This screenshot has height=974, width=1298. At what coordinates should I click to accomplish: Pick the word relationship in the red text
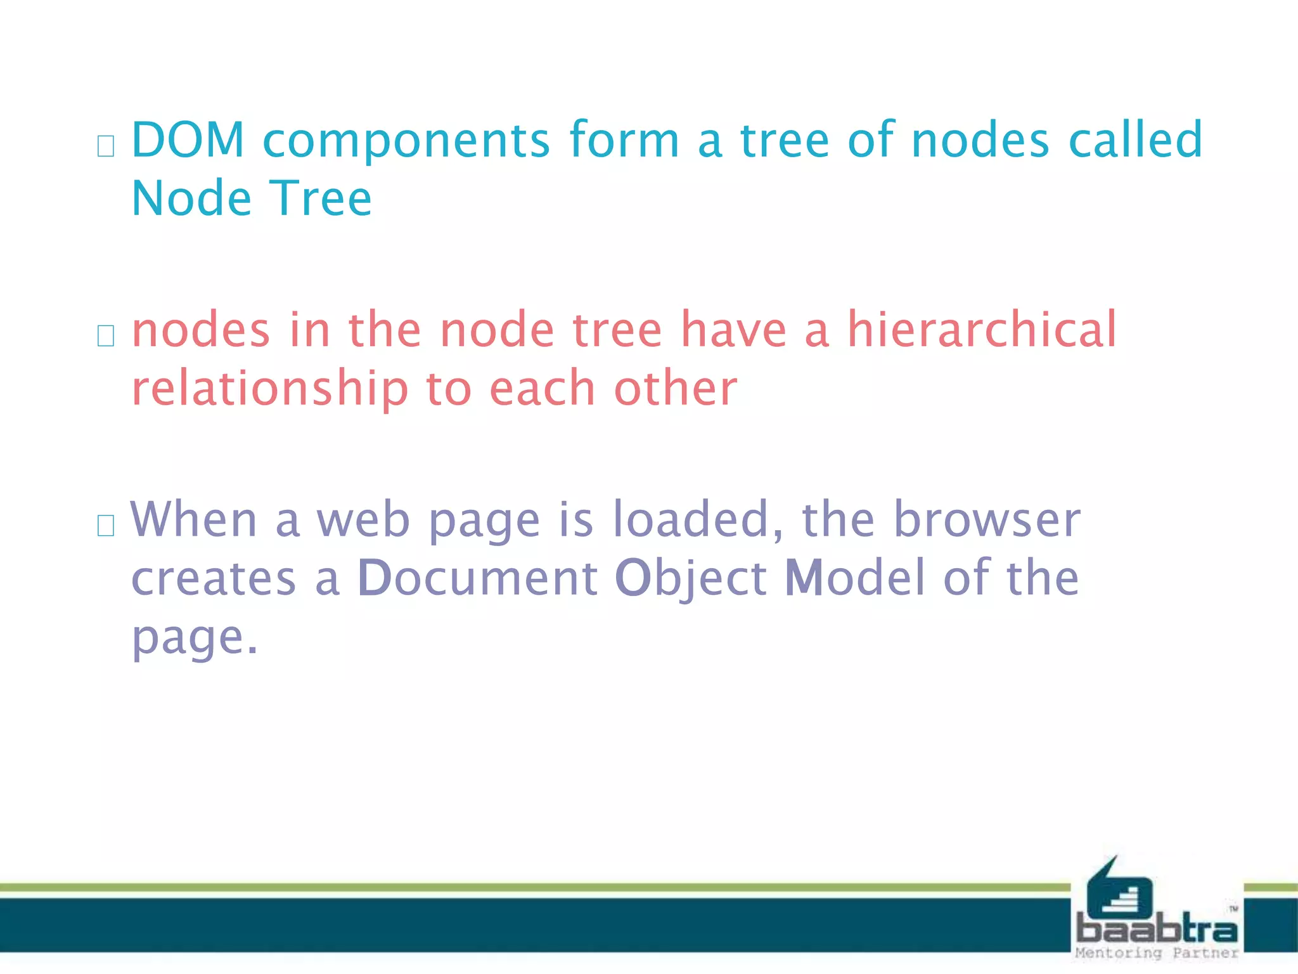(x=270, y=390)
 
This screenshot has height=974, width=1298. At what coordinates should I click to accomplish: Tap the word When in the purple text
(x=193, y=519)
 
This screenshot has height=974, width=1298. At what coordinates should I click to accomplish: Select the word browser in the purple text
(x=987, y=519)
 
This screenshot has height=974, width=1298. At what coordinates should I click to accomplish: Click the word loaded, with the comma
(x=698, y=521)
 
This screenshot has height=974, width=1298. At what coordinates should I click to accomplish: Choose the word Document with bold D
(x=477, y=578)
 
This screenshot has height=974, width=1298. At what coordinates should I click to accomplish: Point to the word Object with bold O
(x=691, y=579)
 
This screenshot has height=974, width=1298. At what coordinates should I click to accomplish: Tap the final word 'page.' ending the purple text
(x=195, y=638)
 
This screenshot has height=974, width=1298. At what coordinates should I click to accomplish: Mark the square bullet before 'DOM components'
(x=106, y=146)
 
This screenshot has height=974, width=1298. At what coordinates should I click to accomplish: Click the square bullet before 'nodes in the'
(x=106, y=336)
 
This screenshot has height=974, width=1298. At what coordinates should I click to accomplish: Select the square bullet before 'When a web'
(x=106, y=526)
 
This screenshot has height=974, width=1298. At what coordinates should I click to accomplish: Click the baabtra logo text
(x=1157, y=929)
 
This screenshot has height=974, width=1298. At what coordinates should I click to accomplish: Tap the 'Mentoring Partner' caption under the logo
(x=1157, y=953)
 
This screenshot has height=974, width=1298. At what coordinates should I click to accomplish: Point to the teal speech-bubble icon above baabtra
(x=1119, y=888)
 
